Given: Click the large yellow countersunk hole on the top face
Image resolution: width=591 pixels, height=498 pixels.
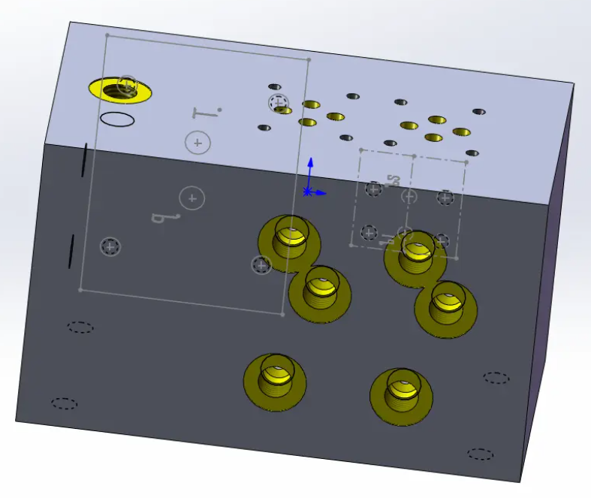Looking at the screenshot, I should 119,89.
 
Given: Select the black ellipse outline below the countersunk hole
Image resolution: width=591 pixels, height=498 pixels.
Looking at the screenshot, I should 117,119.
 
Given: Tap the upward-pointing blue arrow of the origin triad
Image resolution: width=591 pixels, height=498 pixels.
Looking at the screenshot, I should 309,166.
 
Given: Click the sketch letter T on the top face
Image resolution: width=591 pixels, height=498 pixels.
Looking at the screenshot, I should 204,113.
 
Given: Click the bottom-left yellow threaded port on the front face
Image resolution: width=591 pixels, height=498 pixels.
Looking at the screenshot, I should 275,380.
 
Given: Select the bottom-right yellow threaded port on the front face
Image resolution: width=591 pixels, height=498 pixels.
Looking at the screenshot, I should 401,395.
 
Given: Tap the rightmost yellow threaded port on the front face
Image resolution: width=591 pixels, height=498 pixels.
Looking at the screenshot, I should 446,308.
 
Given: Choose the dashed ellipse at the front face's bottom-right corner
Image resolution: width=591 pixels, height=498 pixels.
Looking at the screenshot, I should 481,454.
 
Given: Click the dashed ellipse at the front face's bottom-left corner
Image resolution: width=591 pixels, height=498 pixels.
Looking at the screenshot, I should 65,403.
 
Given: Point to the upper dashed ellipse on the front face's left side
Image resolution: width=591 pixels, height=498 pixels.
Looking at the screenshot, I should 80,327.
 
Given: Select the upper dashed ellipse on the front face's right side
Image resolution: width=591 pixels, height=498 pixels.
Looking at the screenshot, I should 496,377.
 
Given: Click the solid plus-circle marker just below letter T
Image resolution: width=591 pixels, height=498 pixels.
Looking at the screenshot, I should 198,143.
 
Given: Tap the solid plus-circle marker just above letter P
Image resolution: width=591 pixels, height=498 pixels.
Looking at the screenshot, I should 193,198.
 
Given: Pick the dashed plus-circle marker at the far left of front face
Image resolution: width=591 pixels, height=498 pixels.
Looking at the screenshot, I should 110,246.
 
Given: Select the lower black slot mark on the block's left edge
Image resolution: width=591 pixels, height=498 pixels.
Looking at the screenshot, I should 71,251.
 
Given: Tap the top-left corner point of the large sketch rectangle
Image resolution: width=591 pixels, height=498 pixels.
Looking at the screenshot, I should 107,35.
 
